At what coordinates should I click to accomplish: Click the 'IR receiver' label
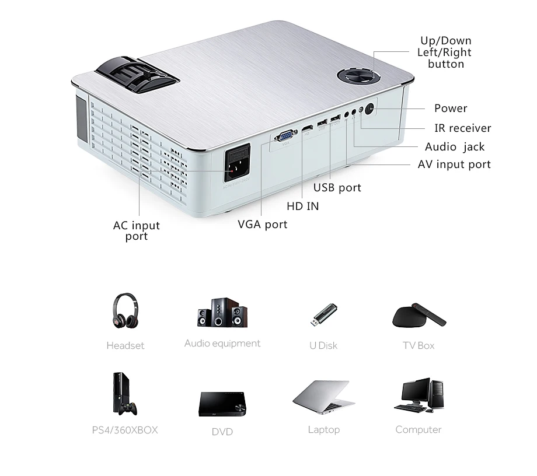(462, 128)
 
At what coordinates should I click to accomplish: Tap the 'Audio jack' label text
(455, 147)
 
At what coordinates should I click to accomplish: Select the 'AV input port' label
(454, 164)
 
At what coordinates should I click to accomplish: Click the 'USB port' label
(337, 188)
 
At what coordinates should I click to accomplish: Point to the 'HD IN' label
(303, 206)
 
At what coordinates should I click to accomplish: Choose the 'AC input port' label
(136, 231)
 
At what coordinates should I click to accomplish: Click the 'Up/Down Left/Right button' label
(445, 52)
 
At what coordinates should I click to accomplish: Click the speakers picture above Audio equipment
(221, 313)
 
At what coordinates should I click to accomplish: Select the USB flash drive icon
(323, 315)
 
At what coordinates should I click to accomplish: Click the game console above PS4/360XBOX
(124, 394)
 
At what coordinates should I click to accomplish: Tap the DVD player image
(222, 403)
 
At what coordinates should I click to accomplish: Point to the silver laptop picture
(323, 397)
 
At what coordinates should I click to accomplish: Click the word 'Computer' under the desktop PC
(418, 430)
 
